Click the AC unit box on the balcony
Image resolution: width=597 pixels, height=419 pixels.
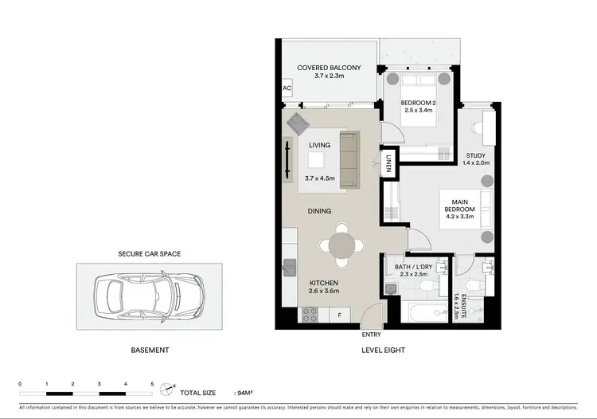pos(286,89)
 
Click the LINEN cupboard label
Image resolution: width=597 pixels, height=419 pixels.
pos(389,163)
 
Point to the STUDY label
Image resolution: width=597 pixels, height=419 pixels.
pos(475,155)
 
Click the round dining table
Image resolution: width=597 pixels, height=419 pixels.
pos(342,242)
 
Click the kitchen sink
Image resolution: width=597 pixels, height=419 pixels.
pos(289,266)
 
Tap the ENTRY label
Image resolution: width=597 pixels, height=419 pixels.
pos(371,335)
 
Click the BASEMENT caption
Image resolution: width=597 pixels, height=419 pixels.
pos(149,350)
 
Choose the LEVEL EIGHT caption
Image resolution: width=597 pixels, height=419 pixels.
pos(384,350)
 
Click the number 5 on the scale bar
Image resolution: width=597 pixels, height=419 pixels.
pos(152,384)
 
